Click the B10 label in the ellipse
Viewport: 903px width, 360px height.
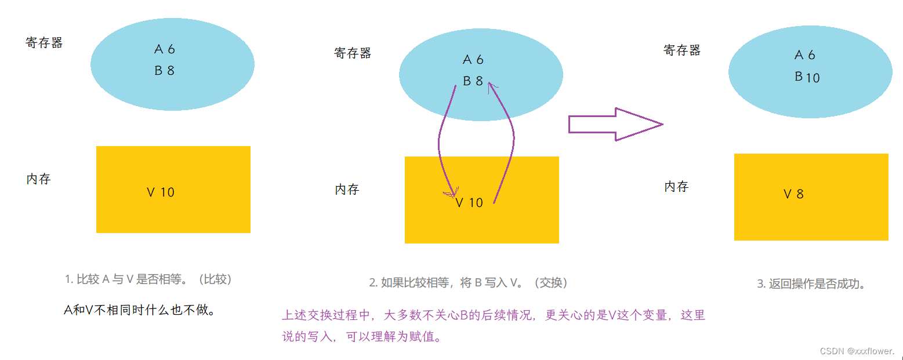click(807, 77)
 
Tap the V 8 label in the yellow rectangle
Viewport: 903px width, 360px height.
click(793, 194)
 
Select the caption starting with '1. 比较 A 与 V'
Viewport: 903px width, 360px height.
click(148, 279)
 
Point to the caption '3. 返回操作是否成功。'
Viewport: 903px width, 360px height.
click(811, 284)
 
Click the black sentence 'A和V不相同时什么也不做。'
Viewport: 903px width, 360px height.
click(140, 310)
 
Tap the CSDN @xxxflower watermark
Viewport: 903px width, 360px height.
click(857, 351)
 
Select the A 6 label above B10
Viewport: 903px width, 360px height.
click(804, 55)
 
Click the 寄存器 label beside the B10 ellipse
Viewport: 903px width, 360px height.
click(682, 50)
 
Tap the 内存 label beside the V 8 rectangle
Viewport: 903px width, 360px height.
click(676, 187)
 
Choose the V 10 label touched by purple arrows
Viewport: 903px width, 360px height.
click(469, 203)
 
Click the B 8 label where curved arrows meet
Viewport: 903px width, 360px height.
click(473, 81)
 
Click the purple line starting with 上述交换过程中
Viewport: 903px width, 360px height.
click(494, 316)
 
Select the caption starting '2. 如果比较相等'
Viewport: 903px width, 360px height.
click(469, 283)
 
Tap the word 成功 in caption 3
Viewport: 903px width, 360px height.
click(847, 284)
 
